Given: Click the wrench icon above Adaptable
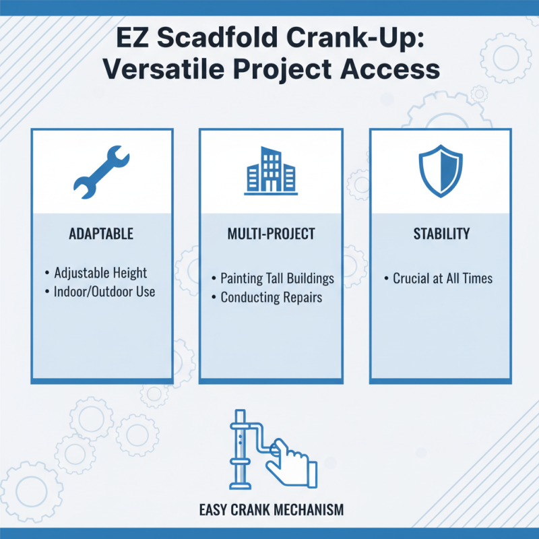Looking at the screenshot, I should [x=100, y=172].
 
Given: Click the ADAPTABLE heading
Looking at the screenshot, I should [x=101, y=234].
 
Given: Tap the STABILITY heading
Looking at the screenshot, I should [x=441, y=234].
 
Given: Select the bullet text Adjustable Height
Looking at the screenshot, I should [x=104, y=274].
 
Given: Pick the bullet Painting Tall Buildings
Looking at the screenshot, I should [x=277, y=278].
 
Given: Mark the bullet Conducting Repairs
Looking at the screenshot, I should [x=271, y=296].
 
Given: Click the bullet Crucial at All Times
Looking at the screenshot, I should [x=443, y=278].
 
